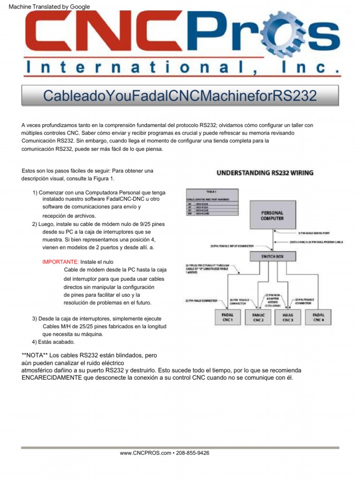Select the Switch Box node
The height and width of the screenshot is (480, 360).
coord(272,256)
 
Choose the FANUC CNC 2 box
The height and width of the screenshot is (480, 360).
coord(258,318)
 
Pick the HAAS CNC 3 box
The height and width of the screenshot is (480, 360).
coord(288,318)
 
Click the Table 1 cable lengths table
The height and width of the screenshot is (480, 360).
coord(212,202)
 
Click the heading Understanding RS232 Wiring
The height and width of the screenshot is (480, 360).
coord(265,172)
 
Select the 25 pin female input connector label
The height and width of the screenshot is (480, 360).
coord(238,245)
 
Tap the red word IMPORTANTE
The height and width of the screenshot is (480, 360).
coord(60,262)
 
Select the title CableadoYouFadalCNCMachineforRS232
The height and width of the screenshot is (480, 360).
coord(180,96)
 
